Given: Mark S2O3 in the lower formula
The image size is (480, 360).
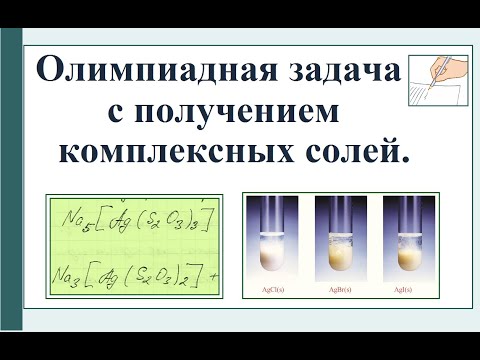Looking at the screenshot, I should [x=172, y=269].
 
